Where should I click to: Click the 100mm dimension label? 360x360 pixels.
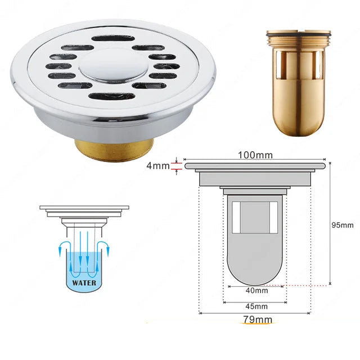[x=255, y=155]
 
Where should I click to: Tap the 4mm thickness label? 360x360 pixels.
[x=158, y=166]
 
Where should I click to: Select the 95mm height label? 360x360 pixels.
[x=343, y=225]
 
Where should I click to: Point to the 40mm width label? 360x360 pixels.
[x=256, y=291]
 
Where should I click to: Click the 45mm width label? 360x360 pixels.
[x=256, y=306]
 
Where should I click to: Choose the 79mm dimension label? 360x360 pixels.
[x=258, y=319]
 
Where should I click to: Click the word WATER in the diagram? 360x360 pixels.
[x=84, y=282]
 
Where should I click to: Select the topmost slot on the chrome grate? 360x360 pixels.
[x=113, y=38]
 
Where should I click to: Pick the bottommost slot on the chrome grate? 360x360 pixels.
[x=112, y=96]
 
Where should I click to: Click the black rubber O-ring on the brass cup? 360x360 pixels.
[x=299, y=35]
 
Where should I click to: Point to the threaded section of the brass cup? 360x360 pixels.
[x=299, y=43]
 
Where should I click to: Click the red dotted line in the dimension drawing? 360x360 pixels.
[x=296, y=286]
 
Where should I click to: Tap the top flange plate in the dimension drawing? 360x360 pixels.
[x=255, y=165]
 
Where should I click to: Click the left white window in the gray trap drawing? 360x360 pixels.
[x=236, y=218]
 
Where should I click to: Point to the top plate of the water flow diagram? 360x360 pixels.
[x=84, y=208]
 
